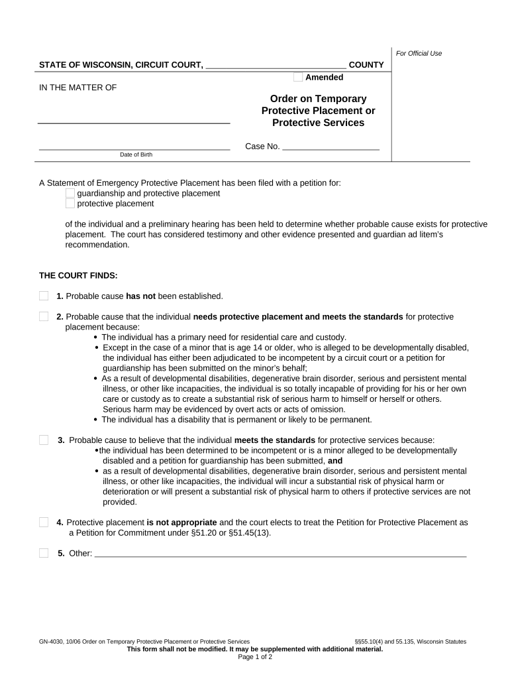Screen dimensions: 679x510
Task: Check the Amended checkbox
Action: (x=298, y=77)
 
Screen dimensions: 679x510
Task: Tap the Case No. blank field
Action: (x=331, y=146)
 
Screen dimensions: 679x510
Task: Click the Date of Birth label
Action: (x=136, y=154)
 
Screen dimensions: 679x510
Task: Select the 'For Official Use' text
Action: (x=419, y=53)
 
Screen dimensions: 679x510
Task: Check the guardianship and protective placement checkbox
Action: (x=70, y=193)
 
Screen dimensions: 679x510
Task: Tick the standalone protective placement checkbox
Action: (x=70, y=204)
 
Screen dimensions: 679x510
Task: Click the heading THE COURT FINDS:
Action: (x=78, y=275)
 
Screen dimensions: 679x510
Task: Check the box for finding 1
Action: (x=44, y=296)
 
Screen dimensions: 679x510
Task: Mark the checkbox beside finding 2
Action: (x=44, y=316)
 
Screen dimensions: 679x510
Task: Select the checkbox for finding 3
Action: (x=44, y=440)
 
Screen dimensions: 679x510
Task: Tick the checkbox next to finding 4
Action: (x=44, y=522)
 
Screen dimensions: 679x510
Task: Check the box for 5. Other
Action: (x=44, y=553)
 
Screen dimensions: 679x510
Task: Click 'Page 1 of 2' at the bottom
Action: (x=255, y=657)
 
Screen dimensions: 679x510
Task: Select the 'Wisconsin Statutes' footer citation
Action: (x=440, y=641)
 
